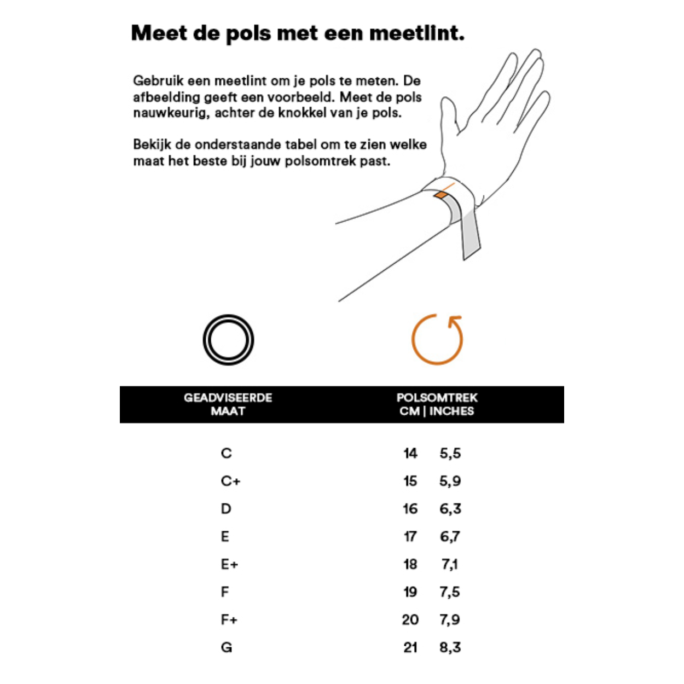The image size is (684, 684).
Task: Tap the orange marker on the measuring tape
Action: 440,194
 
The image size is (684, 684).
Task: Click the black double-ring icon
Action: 228,340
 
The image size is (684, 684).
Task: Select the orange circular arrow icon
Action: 437,339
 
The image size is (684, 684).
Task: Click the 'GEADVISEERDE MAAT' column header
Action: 228,404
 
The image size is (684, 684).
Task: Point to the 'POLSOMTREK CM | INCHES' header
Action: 437,404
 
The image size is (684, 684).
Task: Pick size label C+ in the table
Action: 230,481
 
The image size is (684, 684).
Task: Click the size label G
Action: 227,647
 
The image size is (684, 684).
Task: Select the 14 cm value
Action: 410,453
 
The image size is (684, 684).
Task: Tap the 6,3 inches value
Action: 450,509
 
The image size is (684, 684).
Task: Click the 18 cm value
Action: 410,564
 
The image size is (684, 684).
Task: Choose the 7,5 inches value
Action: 450,592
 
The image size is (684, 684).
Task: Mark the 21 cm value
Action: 410,647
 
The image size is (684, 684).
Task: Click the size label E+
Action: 229,564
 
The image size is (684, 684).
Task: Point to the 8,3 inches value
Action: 450,647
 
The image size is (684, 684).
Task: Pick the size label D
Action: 226,509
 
